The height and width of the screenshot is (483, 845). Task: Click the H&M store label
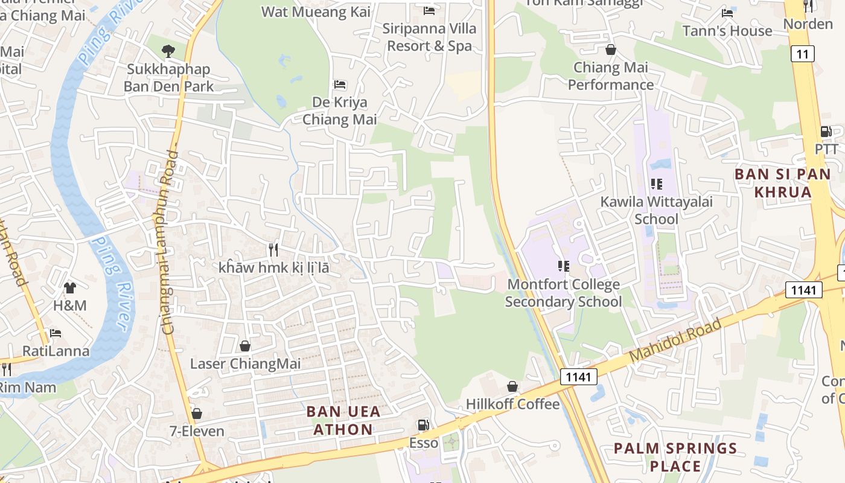(70, 305)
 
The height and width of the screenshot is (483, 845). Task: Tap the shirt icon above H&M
(70, 287)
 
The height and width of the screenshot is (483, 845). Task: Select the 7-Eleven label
(197, 431)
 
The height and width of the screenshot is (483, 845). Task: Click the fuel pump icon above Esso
(424, 425)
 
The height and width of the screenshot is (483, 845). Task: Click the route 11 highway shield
(802, 54)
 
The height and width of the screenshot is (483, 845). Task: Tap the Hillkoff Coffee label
(512, 404)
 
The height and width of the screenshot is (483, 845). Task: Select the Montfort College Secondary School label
(563, 293)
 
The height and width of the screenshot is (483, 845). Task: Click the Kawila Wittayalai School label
(656, 210)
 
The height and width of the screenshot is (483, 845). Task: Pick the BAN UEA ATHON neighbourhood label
(343, 420)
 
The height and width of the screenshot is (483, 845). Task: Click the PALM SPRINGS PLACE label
(675, 457)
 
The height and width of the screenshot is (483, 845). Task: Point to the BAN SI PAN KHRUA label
(773, 184)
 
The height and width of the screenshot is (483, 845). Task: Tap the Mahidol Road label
(675, 341)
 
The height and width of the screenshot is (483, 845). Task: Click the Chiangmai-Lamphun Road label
(171, 241)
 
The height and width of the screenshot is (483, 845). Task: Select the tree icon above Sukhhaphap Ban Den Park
(168, 51)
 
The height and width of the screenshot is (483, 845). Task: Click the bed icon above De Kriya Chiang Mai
(340, 84)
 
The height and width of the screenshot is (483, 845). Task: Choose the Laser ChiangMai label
(245, 363)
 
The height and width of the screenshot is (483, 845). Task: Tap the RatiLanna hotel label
(56, 351)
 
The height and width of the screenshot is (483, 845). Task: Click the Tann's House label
(727, 31)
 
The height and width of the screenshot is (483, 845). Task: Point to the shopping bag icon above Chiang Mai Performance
(611, 50)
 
